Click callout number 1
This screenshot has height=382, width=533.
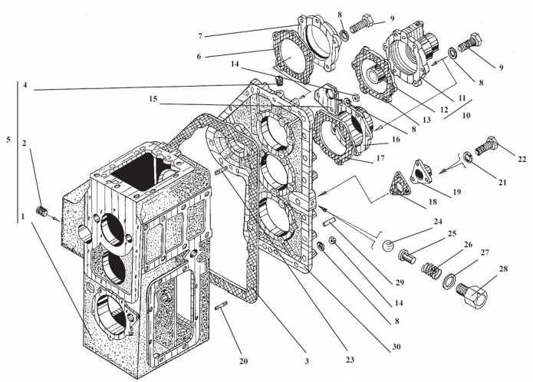tap(23, 217)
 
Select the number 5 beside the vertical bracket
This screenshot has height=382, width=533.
tap(8, 140)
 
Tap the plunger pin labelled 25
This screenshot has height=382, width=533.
tap(407, 257)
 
